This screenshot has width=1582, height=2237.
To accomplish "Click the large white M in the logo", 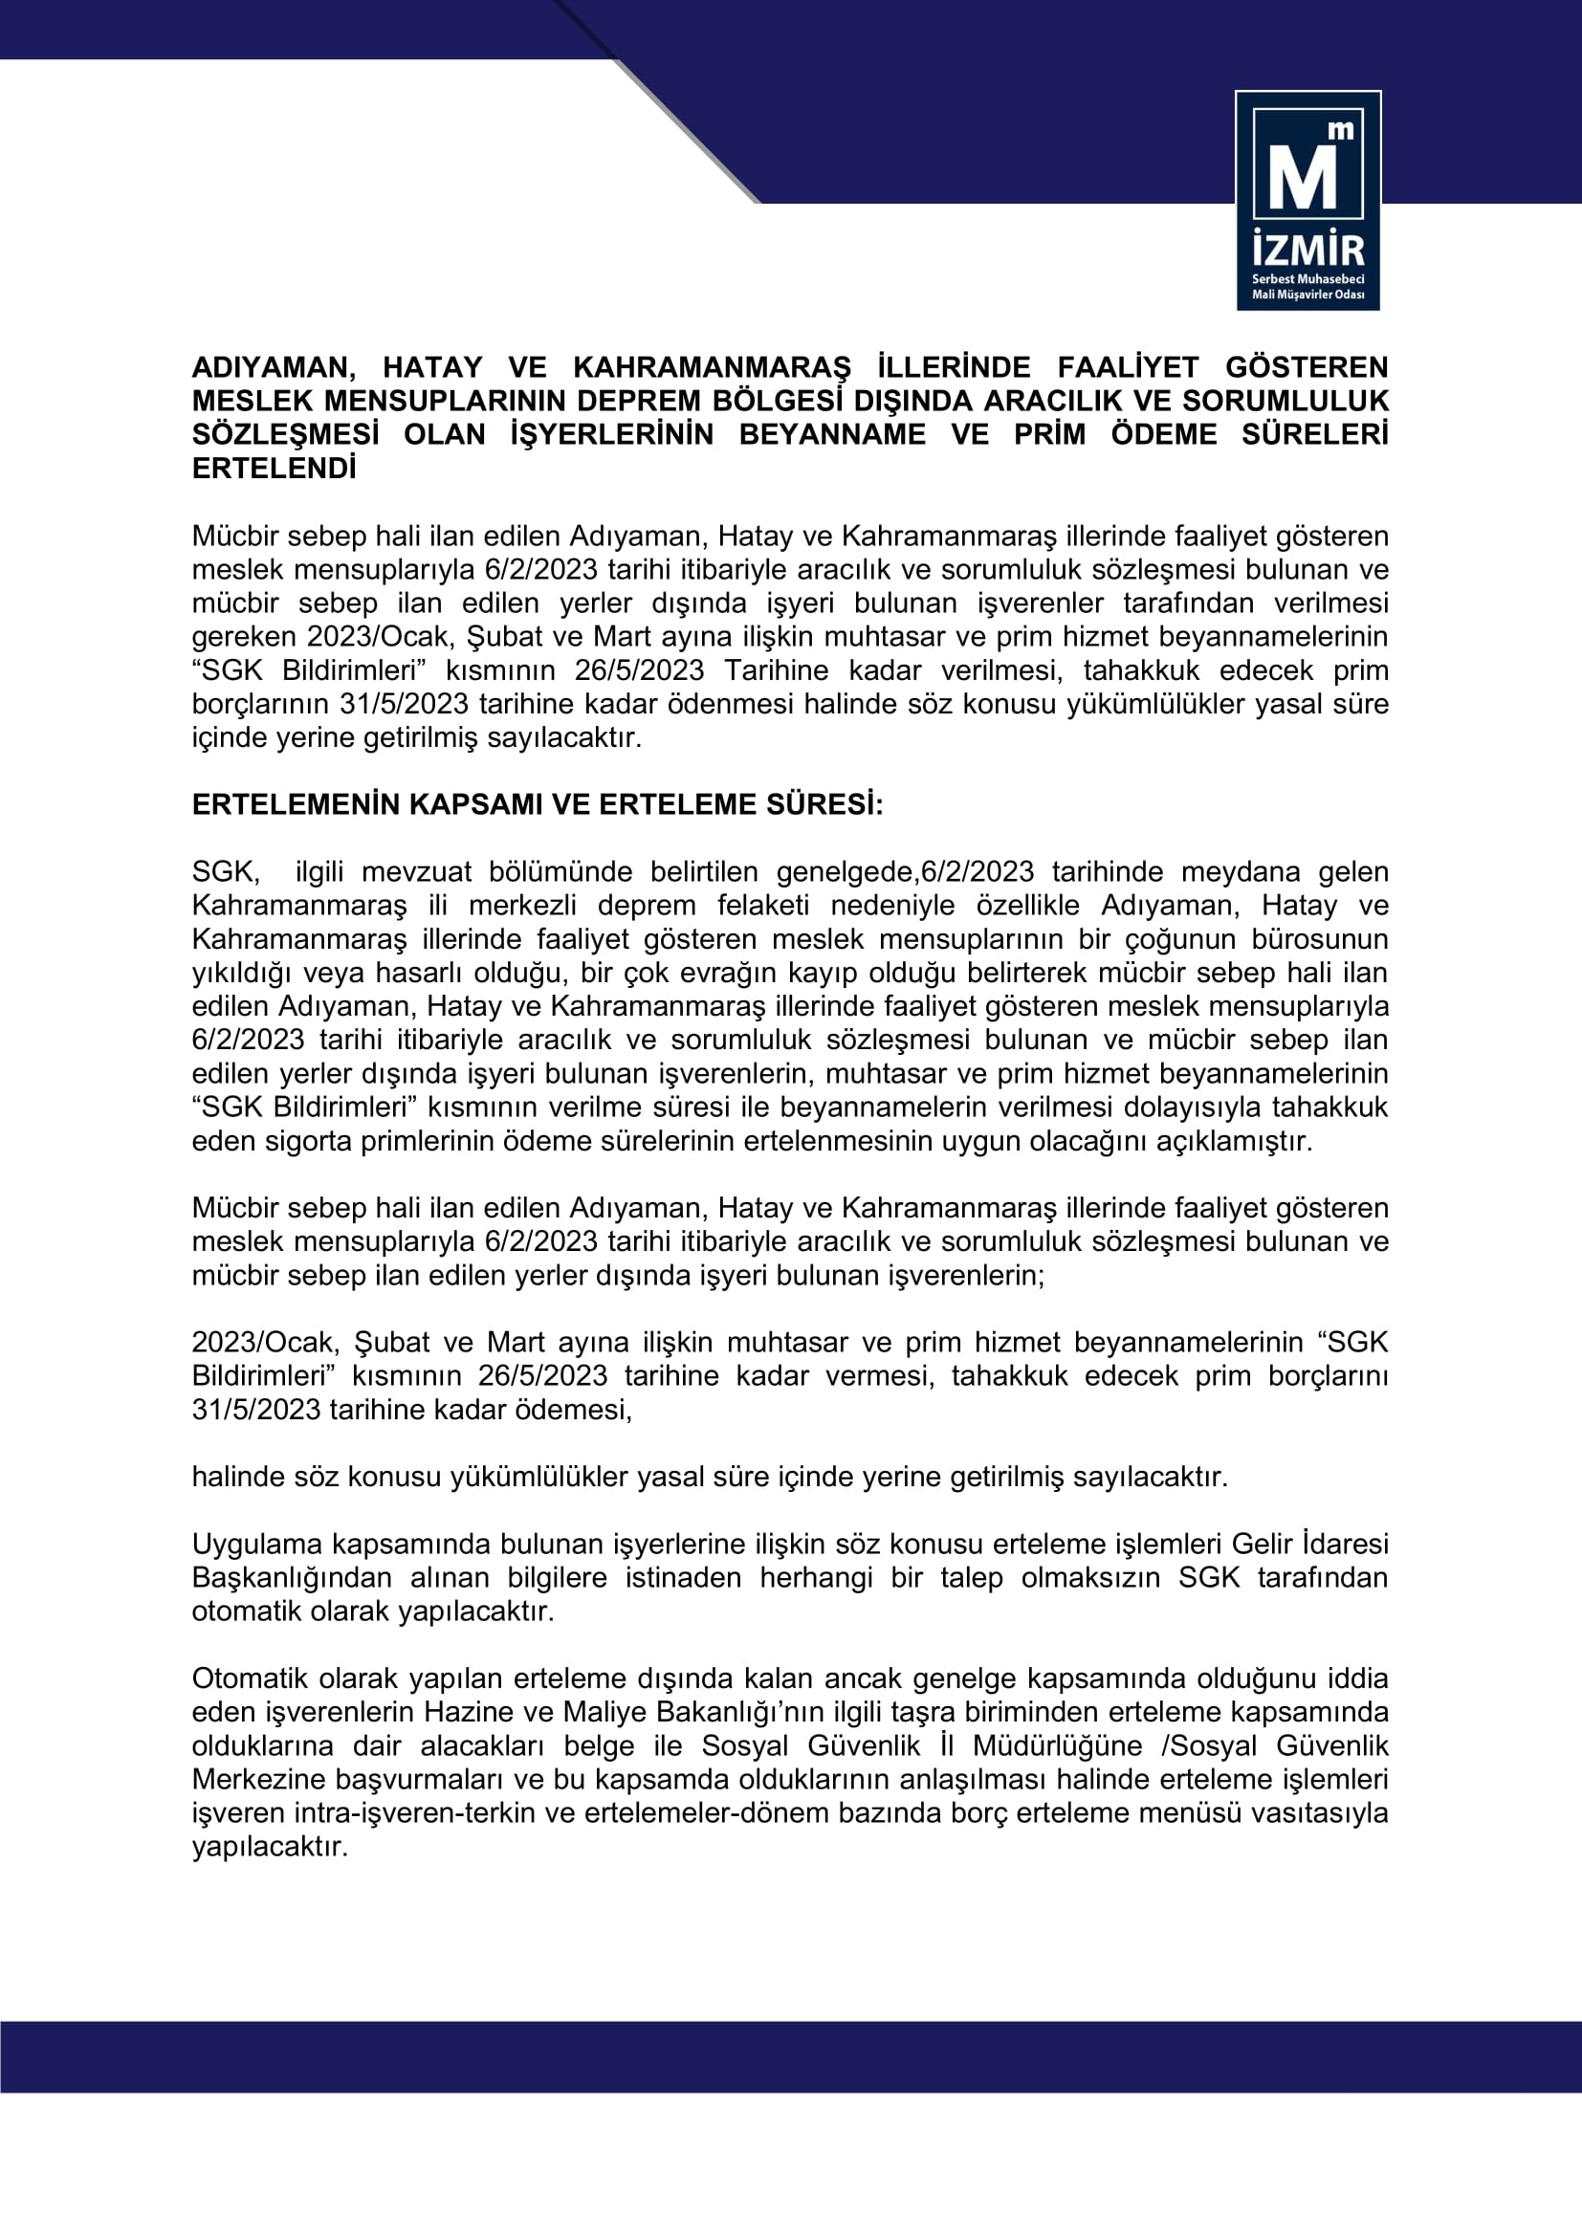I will [1302, 178].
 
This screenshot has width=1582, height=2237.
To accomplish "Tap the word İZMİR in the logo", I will [1307, 251].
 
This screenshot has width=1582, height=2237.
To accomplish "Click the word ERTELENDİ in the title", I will [274, 469].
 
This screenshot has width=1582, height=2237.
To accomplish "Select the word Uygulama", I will [257, 1545].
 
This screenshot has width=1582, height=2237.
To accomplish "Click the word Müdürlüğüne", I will [1057, 1746].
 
